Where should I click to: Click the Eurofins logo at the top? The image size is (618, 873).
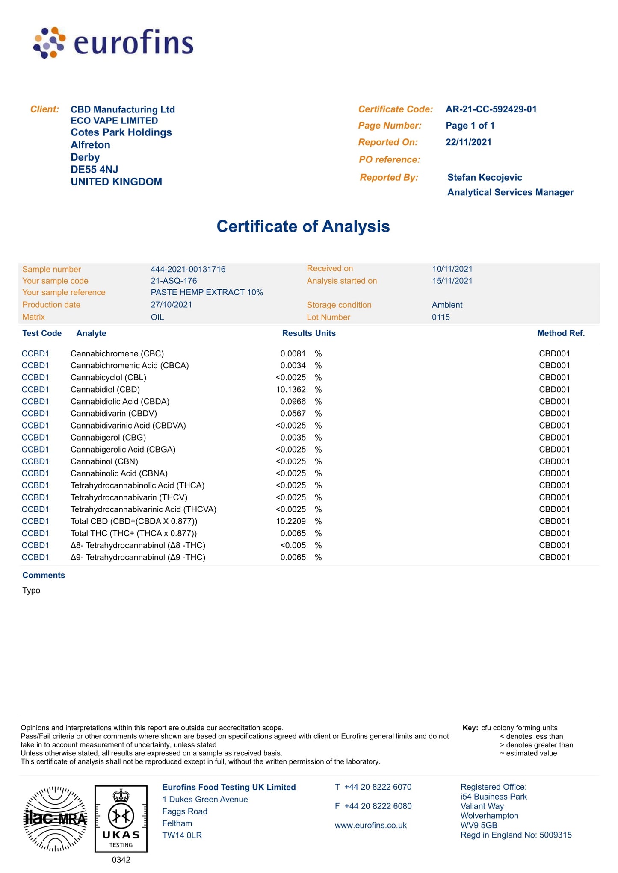(113, 43)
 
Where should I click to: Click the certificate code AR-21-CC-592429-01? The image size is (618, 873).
(491, 109)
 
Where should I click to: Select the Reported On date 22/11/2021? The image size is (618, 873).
(468, 142)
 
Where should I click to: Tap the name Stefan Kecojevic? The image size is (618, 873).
(485, 177)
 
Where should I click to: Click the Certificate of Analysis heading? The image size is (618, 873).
(303, 226)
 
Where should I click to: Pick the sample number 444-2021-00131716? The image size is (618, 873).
(188, 269)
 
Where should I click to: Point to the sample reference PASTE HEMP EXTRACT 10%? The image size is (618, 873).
(207, 292)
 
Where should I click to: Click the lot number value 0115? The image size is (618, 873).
(441, 317)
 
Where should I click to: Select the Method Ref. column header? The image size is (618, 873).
(561, 333)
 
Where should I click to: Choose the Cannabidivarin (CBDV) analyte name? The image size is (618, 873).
(114, 413)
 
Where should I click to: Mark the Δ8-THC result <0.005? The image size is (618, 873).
(293, 545)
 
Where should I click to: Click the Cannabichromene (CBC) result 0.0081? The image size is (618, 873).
(293, 353)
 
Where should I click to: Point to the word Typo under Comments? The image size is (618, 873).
(31, 590)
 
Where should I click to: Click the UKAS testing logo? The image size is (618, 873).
(121, 818)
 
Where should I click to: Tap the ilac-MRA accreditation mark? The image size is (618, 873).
(55, 818)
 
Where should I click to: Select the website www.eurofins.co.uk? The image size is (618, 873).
(370, 825)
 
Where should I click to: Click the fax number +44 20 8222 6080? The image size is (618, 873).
(378, 806)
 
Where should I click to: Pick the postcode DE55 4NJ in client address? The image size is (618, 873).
(94, 169)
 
